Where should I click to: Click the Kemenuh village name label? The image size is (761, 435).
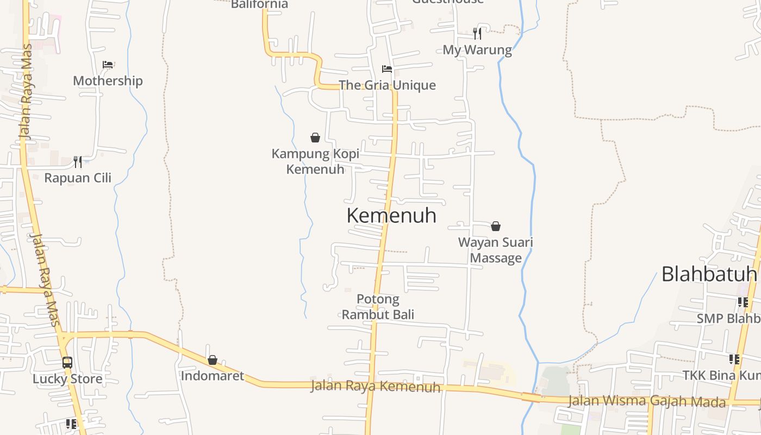tap(391, 215)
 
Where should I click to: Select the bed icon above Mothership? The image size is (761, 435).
tap(108, 65)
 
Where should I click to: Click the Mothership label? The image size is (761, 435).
tap(108, 81)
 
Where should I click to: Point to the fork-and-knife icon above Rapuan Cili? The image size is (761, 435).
tap(78, 161)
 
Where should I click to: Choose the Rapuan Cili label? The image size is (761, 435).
tap(78, 178)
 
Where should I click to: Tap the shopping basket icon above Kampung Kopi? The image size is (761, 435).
tap(315, 138)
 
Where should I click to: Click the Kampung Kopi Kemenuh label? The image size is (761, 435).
tap(315, 161)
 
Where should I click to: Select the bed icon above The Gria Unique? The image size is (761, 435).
tap(387, 69)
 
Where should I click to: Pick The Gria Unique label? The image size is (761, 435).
tap(387, 85)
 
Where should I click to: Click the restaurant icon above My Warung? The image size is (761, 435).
tap(477, 34)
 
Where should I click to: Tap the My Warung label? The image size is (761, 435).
tap(477, 50)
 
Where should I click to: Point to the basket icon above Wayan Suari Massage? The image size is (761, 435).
tap(496, 226)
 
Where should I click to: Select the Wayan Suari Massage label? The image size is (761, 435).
tap(496, 250)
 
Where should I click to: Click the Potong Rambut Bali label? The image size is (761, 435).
tap(378, 307)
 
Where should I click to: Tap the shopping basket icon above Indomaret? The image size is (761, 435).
tap(213, 360)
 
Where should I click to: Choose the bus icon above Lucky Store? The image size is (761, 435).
tap(67, 363)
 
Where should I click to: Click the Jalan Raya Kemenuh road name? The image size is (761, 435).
tap(375, 387)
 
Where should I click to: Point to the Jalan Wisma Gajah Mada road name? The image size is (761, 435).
tap(647, 401)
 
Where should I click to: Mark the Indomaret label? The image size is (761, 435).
tap(213, 376)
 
